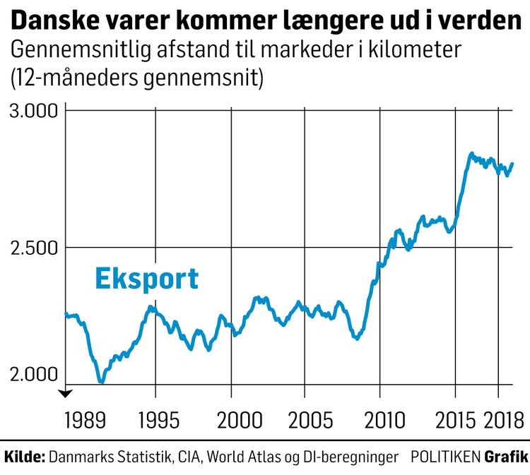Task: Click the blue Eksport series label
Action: tap(146, 279)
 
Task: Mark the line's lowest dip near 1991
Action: tap(101, 382)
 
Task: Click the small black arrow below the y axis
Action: tap(65, 394)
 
